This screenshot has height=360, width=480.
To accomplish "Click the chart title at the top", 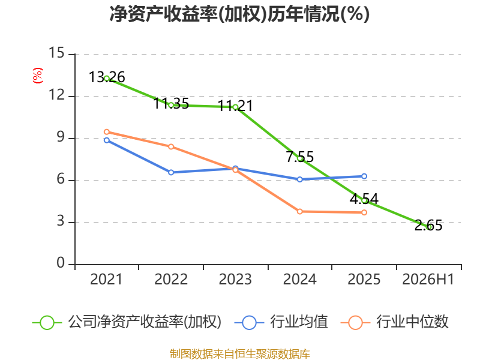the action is click(x=239, y=14).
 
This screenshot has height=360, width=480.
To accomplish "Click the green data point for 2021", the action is click(x=107, y=79).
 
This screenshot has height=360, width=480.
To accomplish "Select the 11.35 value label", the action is click(x=171, y=103).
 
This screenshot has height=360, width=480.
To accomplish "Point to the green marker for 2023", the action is click(x=235, y=107).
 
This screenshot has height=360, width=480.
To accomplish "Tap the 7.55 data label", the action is click(x=299, y=157).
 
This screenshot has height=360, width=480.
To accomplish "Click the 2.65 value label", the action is click(x=428, y=226).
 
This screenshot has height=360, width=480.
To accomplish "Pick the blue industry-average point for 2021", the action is click(x=107, y=140).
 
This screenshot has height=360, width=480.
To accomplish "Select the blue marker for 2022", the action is click(x=171, y=172).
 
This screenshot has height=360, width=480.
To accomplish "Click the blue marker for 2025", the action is click(x=364, y=176).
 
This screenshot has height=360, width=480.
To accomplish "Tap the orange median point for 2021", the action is click(x=107, y=132).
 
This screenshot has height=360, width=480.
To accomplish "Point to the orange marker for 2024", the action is click(x=299, y=212).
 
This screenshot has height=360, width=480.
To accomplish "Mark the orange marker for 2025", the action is click(x=364, y=212).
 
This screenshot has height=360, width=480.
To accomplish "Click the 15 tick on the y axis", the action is click(x=56, y=53).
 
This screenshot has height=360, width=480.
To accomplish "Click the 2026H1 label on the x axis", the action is click(x=428, y=280).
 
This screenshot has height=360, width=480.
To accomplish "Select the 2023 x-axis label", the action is click(x=235, y=280).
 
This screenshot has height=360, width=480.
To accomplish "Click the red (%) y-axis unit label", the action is click(x=38, y=76).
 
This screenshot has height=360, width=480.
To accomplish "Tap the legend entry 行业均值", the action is click(x=281, y=322).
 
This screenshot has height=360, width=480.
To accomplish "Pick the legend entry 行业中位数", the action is click(x=395, y=322).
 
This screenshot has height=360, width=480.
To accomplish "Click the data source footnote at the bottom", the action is click(x=239, y=354).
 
